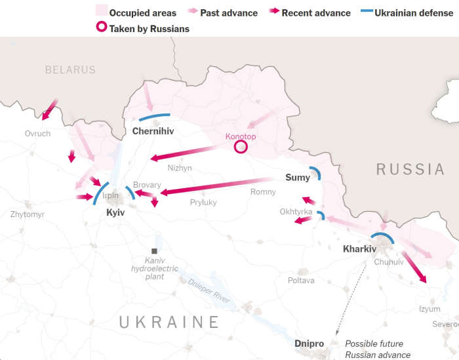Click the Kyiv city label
point(115,213)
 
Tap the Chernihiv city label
point(153,131)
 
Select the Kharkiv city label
point(359,249)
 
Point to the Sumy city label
point(298,178)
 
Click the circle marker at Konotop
point(241,147)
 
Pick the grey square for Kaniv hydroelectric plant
point(154,251)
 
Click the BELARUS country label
point(70,70)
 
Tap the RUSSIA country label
point(410,169)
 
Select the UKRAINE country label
point(169,322)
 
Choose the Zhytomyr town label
point(28,214)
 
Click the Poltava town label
point(301,281)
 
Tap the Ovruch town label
point(37,133)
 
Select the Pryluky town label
point(203,203)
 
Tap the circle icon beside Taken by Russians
point(101,28)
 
